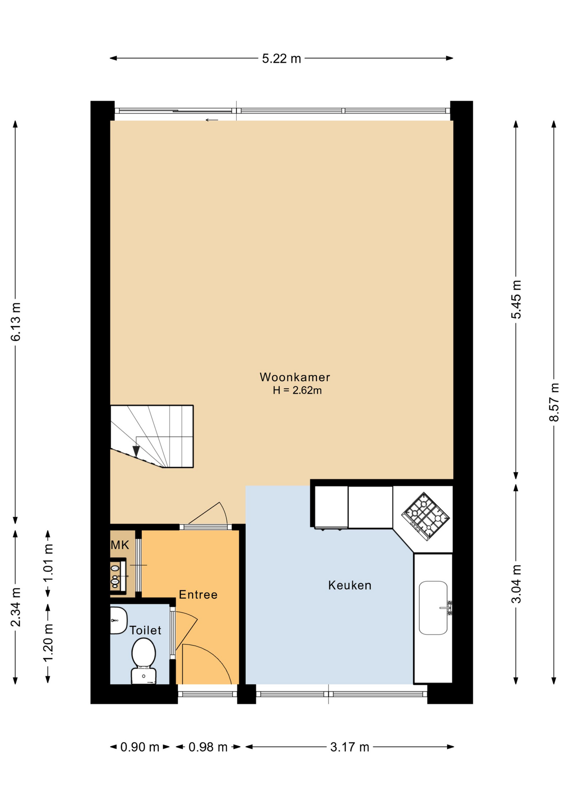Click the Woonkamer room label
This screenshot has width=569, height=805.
coord(295,377)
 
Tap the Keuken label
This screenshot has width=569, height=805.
coord(349,585)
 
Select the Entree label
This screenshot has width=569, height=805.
coord(198,595)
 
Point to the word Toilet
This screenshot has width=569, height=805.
coord(145,630)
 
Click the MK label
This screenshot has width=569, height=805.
coord(120,545)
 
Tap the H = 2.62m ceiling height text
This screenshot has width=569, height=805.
coord(297,390)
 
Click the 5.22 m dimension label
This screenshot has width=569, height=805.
coord(282,59)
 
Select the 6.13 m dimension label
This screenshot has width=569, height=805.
coord(16,322)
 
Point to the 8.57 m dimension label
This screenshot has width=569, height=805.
coord(554,402)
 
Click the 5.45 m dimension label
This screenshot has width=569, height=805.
coord(516,299)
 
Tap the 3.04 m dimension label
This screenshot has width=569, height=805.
coord(516,584)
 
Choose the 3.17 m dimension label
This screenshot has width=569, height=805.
coord(349,747)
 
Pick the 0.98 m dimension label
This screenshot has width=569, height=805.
coord(208,747)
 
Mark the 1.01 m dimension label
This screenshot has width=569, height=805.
coord(49,563)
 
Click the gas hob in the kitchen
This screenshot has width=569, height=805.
coord(425,516)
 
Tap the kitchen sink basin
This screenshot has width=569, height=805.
coord(433,608)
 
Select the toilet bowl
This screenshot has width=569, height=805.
coord(144,659)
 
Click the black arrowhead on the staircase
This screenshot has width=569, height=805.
coord(136,451)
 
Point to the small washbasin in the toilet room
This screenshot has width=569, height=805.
coord(118,620)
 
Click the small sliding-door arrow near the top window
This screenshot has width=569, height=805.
coord(212,120)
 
